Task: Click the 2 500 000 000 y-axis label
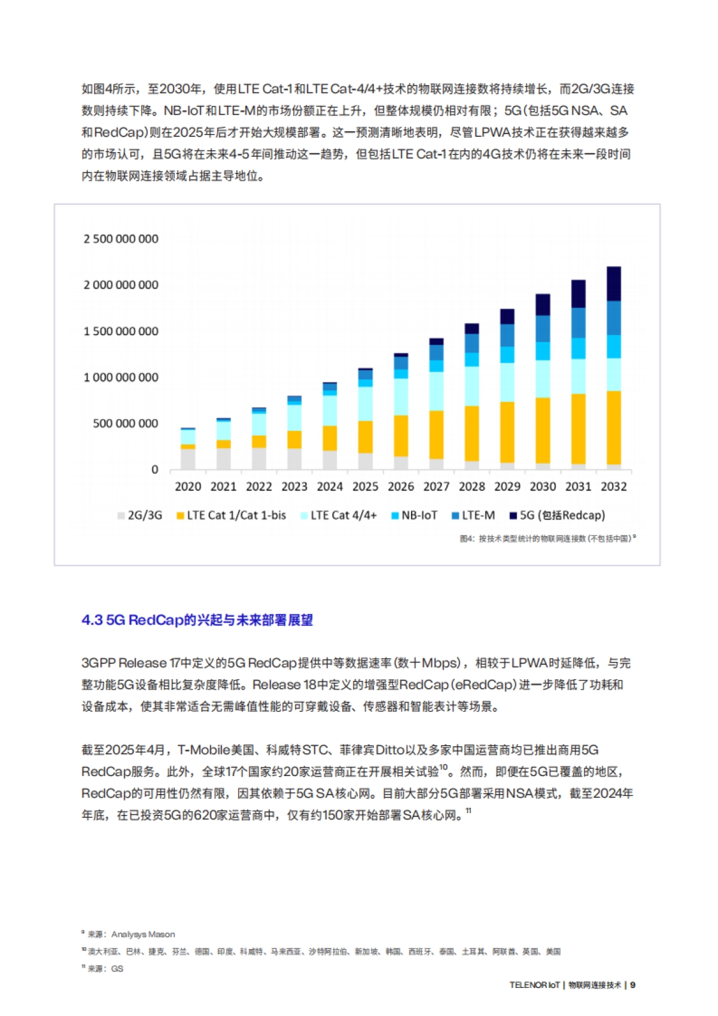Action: pyautogui.click(x=121, y=239)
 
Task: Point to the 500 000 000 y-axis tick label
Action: pyautogui.click(x=126, y=424)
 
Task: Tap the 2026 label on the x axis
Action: pyautogui.click(x=401, y=486)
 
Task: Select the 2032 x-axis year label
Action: pyautogui.click(x=614, y=486)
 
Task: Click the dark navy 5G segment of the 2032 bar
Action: pyautogui.click(x=614, y=283)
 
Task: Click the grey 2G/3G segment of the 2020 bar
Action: pyautogui.click(x=188, y=458)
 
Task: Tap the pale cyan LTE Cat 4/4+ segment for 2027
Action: pyautogui.click(x=436, y=391)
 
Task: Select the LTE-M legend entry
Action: pyautogui.click(x=473, y=515)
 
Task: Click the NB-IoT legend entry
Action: pyautogui.click(x=414, y=515)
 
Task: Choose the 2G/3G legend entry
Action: pyautogui.click(x=140, y=515)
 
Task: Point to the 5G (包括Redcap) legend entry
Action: pyautogui.click(x=557, y=515)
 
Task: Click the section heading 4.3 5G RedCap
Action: pyautogui.click(x=197, y=620)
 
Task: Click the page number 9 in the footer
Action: pyautogui.click(x=633, y=985)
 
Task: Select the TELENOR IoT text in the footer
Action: pyautogui.click(x=534, y=985)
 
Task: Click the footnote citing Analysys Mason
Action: pyautogui.click(x=130, y=934)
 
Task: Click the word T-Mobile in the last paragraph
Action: pyautogui.click(x=204, y=750)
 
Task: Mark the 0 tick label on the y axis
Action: pyautogui.click(x=155, y=470)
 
